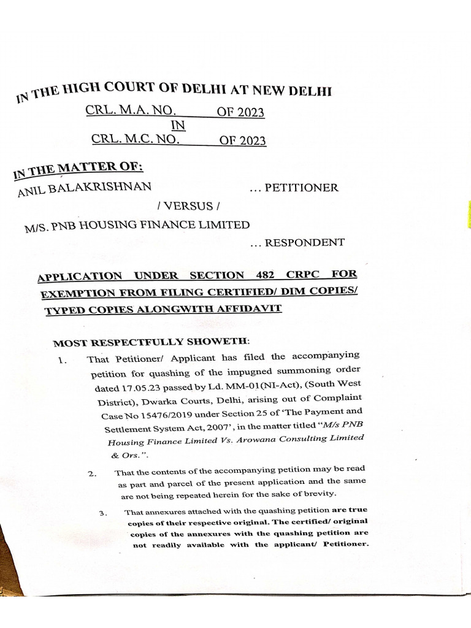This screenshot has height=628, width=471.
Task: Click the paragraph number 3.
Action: coord(103,513)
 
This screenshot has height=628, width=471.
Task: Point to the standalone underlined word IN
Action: coord(177,126)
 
